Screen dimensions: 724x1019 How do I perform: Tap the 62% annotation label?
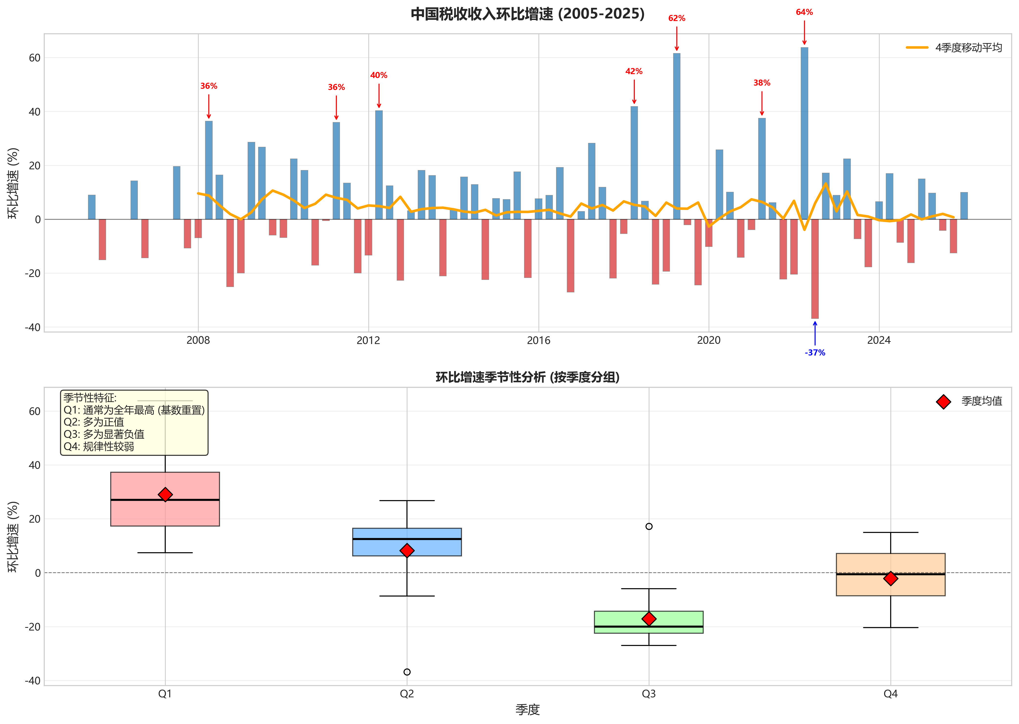click(x=677, y=18)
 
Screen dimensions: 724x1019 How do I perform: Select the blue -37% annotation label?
click(x=815, y=353)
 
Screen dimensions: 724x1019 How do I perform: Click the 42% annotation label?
click(x=634, y=71)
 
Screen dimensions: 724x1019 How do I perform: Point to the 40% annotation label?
click(x=379, y=75)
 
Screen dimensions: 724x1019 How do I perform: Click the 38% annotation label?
click(x=762, y=83)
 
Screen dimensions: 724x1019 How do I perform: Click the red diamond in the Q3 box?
click(x=649, y=619)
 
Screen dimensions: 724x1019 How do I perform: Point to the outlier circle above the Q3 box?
click(x=649, y=527)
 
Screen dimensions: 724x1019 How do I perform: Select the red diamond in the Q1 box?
click(x=165, y=494)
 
